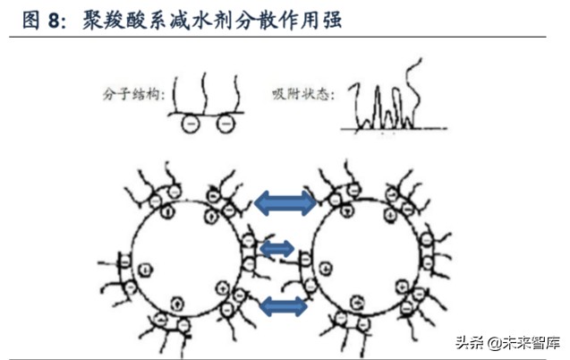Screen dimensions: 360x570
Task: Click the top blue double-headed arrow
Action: (285, 203)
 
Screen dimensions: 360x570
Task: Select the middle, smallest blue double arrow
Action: (277, 248)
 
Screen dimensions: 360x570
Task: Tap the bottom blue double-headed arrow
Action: (284, 306)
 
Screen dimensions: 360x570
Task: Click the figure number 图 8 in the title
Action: (44, 20)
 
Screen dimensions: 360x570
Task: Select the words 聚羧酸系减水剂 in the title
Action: (145, 20)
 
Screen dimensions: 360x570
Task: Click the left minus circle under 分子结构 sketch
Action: (190, 124)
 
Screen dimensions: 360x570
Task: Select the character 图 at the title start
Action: (31, 20)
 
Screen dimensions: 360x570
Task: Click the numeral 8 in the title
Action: (55, 20)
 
